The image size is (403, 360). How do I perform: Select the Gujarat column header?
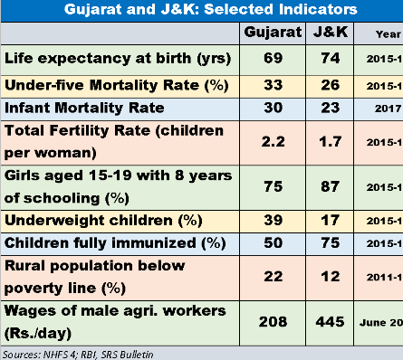pyautogui.click(x=271, y=33)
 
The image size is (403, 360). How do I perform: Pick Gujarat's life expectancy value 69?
pyautogui.click(x=271, y=59)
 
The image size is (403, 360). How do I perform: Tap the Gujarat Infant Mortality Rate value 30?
pyautogui.click(x=271, y=109)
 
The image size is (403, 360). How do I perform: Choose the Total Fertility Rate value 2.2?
pyautogui.click(x=271, y=142)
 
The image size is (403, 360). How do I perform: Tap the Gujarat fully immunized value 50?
pyautogui.click(x=271, y=244)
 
